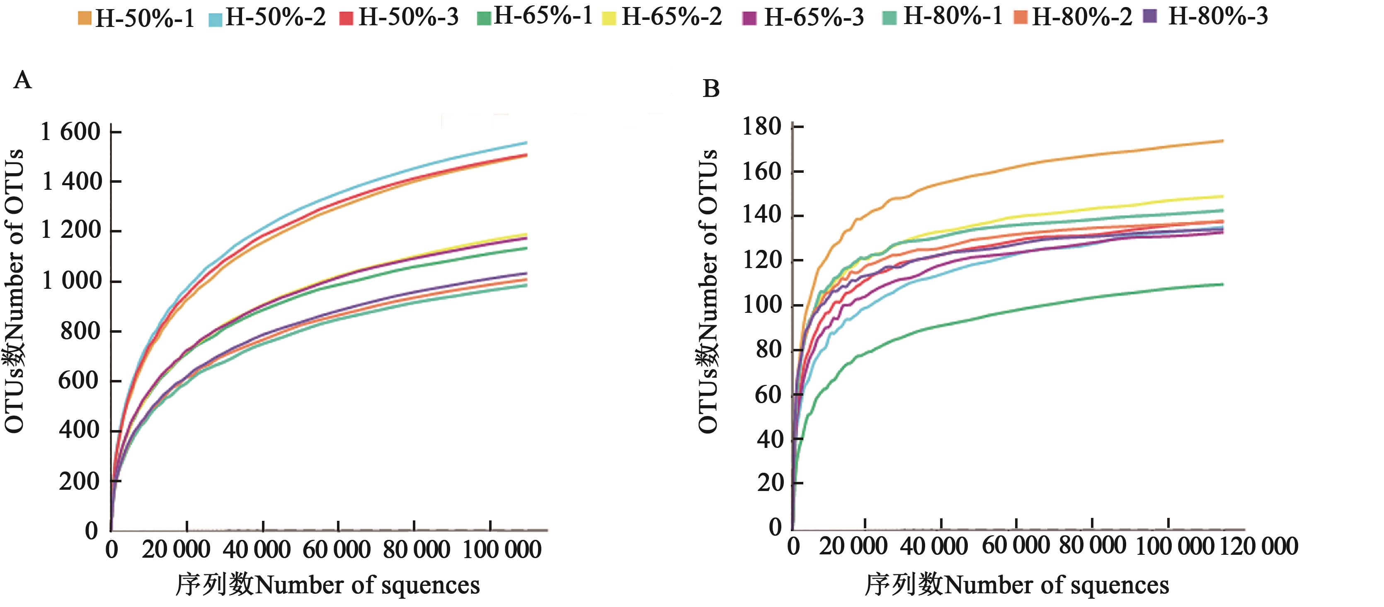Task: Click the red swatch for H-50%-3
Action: (347, 18)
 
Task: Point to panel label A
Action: (22, 80)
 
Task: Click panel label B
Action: (711, 89)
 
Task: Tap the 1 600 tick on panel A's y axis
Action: (71, 132)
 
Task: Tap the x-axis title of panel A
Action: (328, 585)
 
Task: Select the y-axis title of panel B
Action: (708, 290)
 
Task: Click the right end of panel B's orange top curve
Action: (1223, 141)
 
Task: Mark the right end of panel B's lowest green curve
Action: (1223, 284)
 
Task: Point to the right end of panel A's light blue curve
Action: (526, 143)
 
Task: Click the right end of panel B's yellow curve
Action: (1223, 196)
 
